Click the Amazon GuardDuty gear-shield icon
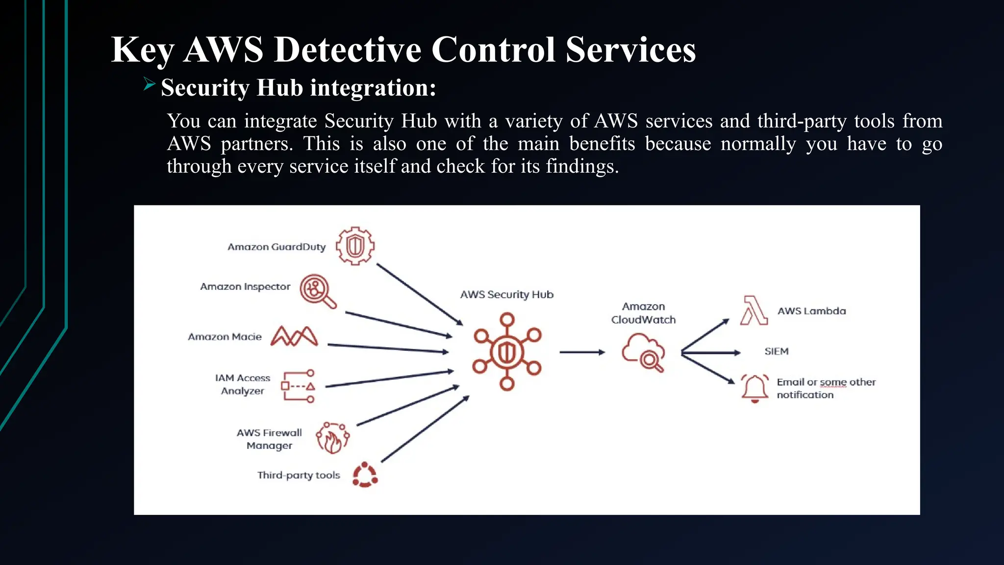pos(355,246)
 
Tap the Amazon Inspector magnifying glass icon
pos(317,290)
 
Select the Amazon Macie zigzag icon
pos(294,336)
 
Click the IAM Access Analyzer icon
pos(298,386)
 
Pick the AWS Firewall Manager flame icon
pos(332,438)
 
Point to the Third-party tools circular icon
pos(365,475)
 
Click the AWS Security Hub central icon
pos(507,352)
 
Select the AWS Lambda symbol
pos(753,310)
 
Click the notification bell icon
pos(754,388)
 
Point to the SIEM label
pos(777,351)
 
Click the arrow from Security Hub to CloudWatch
pos(582,352)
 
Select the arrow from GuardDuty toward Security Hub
pos(419,294)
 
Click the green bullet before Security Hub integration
pos(149,84)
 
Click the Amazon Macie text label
pos(225,337)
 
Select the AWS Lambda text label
pos(811,311)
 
